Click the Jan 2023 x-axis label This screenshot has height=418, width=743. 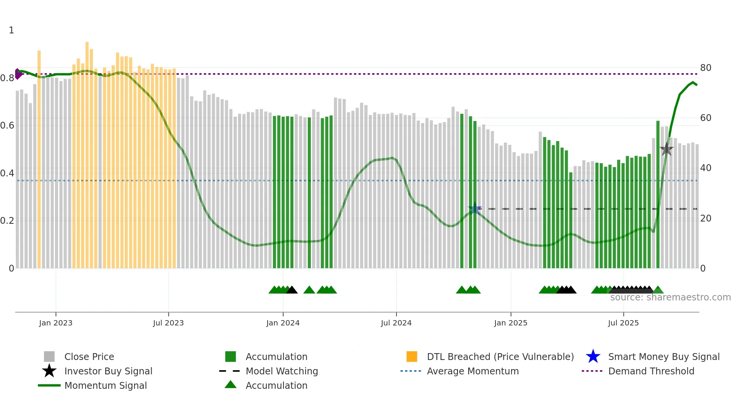[x=56, y=323]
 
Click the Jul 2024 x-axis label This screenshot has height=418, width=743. [x=396, y=323]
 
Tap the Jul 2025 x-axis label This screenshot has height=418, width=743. [x=623, y=323]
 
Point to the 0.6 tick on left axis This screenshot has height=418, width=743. [x=7, y=126]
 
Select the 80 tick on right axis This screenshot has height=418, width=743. [x=705, y=68]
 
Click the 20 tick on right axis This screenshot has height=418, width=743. [x=705, y=218]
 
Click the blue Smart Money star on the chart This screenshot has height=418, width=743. [x=475, y=209]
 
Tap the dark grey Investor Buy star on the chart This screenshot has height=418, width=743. [x=666, y=149]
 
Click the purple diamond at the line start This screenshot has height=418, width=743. [x=18, y=74]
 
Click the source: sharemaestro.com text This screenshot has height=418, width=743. [x=670, y=297]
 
